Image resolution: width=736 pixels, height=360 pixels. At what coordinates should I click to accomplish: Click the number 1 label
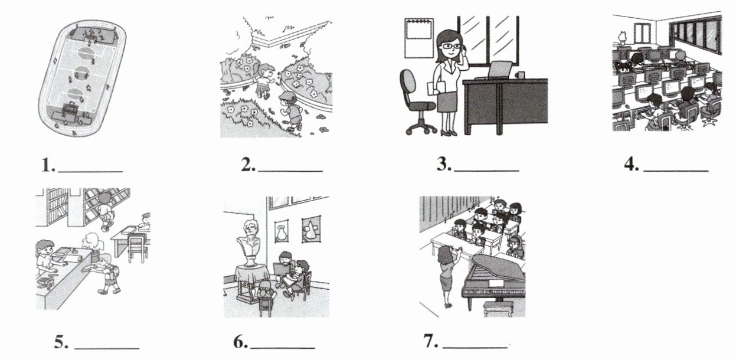click(48, 165)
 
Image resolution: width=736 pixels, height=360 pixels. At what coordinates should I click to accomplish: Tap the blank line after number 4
click(676, 171)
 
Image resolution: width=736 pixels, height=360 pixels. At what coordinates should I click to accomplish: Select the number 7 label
click(431, 341)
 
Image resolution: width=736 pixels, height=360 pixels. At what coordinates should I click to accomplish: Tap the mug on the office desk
click(519, 75)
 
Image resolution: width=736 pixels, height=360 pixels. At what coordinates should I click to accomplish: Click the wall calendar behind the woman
click(419, 38)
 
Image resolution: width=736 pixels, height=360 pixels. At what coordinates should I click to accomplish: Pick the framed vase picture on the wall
click(282, 231)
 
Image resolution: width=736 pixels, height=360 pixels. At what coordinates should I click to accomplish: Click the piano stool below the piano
click(497, 309)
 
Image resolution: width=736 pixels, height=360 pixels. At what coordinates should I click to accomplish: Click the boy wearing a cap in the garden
click(289, 110)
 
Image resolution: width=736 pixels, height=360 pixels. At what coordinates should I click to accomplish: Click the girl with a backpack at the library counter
click(107, 273)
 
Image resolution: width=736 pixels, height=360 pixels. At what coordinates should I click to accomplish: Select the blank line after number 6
click(283, 348)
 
